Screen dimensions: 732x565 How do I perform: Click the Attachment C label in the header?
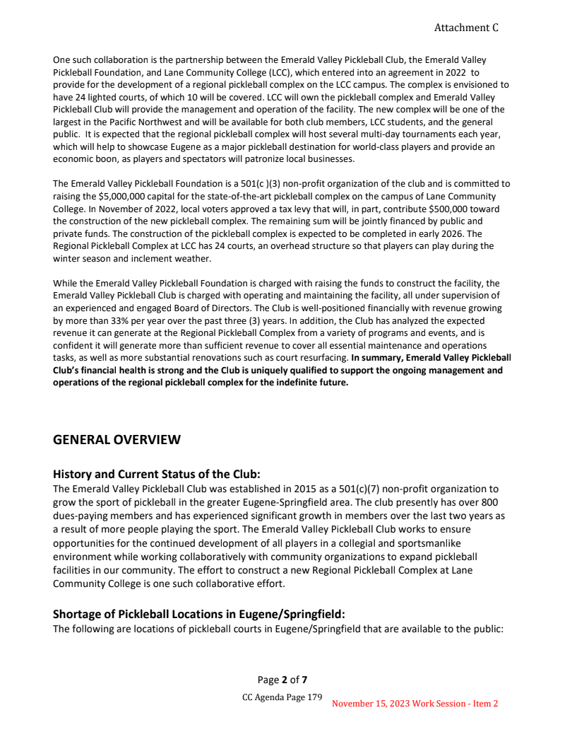coord(466,28)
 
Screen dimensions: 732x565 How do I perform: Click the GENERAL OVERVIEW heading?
coord(117,440)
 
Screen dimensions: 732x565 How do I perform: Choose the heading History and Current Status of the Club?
coord(152,474)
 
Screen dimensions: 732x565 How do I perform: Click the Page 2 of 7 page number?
coord(282,680)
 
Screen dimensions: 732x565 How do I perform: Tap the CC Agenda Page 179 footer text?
coord(282,697)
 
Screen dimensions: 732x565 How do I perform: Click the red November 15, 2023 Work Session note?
coord(415,704)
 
